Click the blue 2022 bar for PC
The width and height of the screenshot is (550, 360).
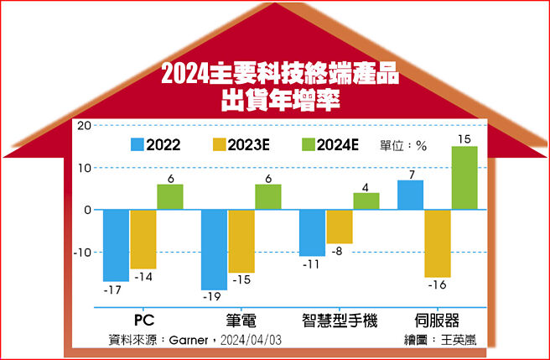click(116, 245)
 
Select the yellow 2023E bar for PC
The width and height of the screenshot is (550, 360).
click(143, 239)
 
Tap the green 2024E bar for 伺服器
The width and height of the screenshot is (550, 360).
click(464, 178)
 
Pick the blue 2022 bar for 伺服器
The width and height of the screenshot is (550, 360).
click(411, 195)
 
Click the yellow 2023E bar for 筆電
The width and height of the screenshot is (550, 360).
click(241, 241)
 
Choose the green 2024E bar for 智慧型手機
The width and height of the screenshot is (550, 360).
click(366, 201)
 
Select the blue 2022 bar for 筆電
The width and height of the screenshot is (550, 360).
click(215, 249)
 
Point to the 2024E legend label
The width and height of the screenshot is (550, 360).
click(339, 144)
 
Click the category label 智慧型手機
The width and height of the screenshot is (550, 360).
click(340, 321)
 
